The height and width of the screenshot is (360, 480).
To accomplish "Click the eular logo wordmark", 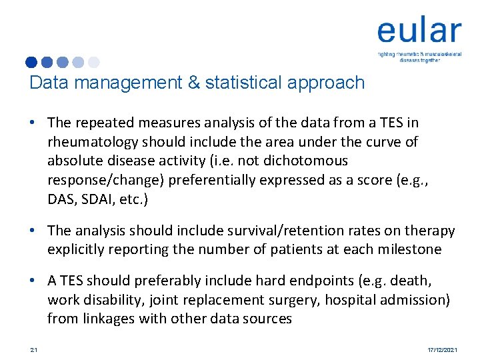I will click(419, 31).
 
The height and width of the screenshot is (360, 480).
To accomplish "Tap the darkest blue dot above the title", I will click(31, 62).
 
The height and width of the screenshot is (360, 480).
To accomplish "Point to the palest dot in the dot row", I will click(93, 62).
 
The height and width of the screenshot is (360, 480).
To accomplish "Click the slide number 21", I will click(33, 350).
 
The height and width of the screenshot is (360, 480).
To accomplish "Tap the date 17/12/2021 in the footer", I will click(441, 350).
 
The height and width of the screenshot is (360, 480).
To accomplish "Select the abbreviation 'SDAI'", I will click(100, 199).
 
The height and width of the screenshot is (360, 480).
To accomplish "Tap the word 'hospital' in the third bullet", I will click(351, 300).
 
